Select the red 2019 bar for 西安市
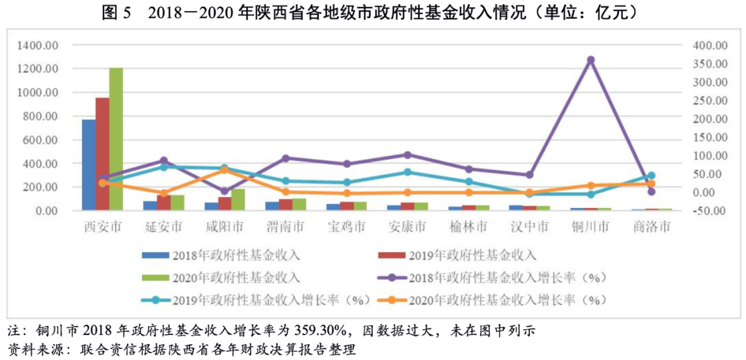[102, 153]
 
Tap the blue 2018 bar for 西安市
[89, 164]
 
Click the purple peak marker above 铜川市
[591, 60]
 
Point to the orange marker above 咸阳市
[224, 170]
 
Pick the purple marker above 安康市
[408, 155]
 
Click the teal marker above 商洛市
[651, 176]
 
